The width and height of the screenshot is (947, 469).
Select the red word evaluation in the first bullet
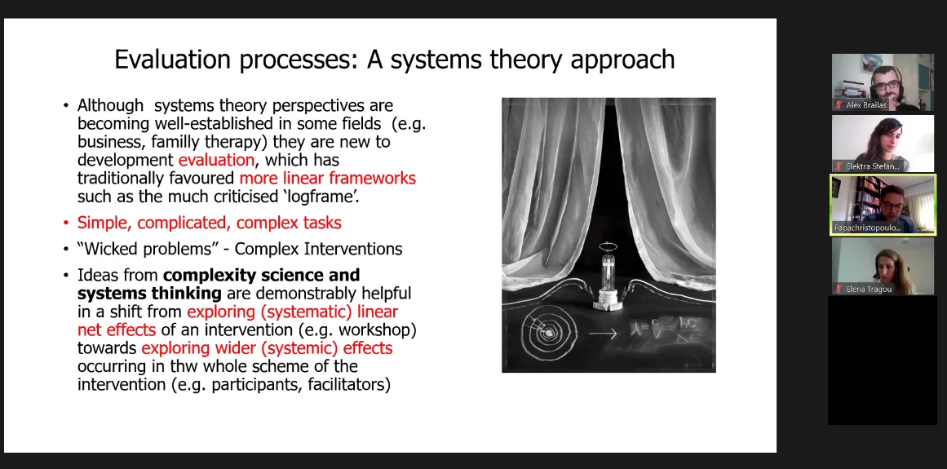216,161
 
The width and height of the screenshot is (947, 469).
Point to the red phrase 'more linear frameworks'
328,179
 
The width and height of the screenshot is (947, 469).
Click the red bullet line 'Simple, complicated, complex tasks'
209,223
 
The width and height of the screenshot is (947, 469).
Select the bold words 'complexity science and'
262,275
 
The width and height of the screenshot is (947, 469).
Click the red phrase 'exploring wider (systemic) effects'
267,348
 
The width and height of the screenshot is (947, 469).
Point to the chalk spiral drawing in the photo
549,332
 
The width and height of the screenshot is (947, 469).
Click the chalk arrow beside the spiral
603,333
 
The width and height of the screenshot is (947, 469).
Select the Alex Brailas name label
866,105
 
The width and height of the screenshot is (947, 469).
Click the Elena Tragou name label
869,289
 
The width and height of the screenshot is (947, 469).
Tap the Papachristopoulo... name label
867,228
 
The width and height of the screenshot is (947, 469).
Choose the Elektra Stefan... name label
872,166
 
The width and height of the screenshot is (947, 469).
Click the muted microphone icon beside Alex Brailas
839,105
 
